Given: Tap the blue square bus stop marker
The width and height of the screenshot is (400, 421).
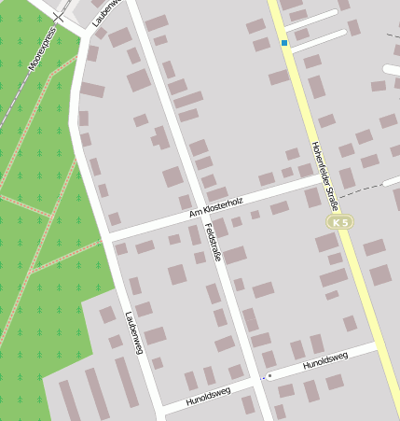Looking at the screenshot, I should [x=284, y=43].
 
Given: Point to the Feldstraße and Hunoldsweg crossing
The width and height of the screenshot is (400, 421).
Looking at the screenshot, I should [x=258, y=381].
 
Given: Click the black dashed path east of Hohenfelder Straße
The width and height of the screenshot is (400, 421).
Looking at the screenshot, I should [x=368, y=189].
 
